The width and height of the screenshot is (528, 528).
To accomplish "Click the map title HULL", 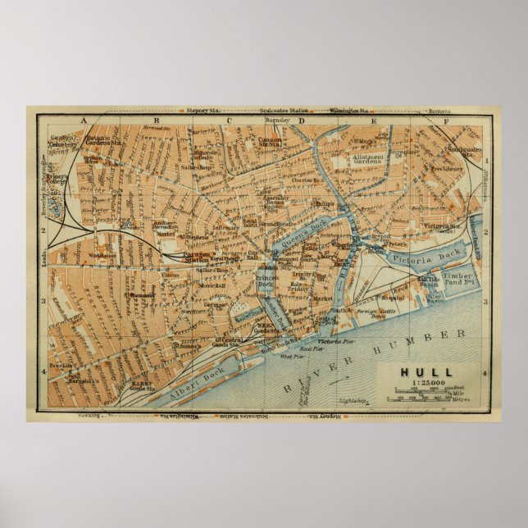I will (425, 371).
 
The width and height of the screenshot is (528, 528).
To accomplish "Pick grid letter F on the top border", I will (446, 121).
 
